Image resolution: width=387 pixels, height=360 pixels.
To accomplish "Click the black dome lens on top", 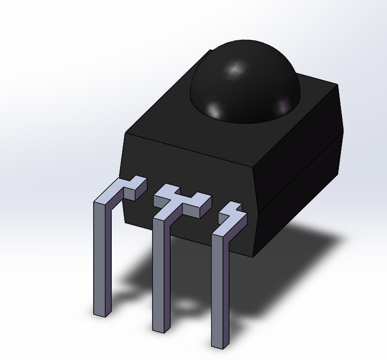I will pyautogui.click(x=246, y=83).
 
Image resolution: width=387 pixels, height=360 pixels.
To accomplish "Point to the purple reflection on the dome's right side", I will pyautogui.click(x=282, y=106).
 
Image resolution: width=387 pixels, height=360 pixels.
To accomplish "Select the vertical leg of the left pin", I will pyautogui.click(x=101, y=259).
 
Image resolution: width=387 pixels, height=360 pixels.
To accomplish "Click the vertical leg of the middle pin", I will pyautogui.click(x=160, y=275).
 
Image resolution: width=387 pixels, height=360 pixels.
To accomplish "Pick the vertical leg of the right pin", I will pyautogui.click(x=220, y=290).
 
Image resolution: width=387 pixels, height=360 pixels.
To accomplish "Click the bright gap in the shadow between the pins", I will pyautogui.click(x=184, y=306).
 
